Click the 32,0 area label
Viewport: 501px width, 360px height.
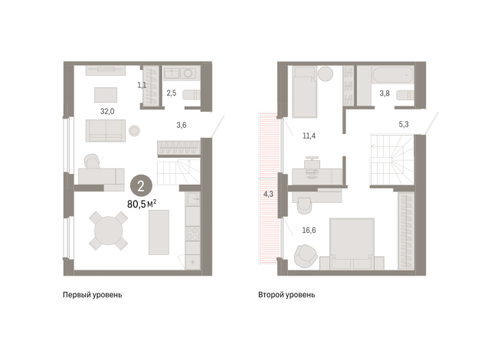coord(107,112)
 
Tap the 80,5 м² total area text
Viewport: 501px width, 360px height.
coord(142,204)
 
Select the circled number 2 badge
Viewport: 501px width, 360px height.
coord(141,186)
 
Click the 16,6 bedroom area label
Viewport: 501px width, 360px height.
coord(309,231)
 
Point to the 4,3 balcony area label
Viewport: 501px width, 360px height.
coord(268,194)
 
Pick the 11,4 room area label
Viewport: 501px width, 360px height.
coord(309,136)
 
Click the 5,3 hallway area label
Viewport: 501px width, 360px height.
coord(404,124)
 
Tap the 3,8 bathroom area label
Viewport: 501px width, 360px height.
coord(385,93)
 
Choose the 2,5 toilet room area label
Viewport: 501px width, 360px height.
coord(172,93)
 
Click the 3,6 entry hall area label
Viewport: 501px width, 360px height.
coord(182,125)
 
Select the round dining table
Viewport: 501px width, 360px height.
coord(108,231)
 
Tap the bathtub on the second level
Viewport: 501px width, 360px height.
coord(393,74)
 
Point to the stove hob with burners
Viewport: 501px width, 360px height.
coord(193,233)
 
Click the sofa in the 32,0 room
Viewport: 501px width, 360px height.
coord(106,131)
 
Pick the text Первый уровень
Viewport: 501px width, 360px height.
coord(93,295)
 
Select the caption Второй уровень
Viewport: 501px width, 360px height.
coord(287,295)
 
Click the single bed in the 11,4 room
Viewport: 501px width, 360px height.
coord(304,92)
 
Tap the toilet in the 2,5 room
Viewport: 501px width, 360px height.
coord(191,95)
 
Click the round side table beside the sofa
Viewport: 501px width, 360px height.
coord(134,131)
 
